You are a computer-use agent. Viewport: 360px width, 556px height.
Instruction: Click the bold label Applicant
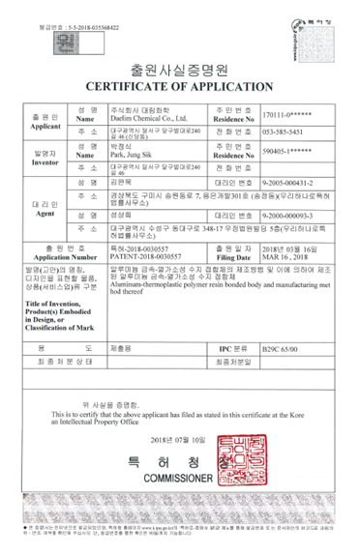(x=43, y=126)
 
